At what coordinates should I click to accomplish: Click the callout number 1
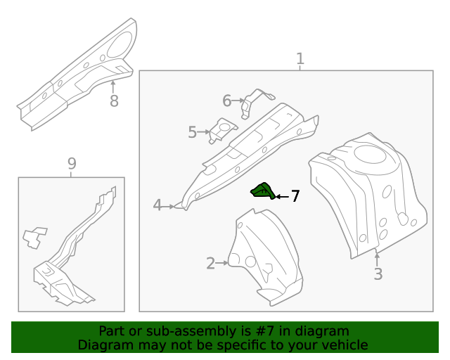point(300,59)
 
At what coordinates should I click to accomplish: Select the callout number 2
point(210,264)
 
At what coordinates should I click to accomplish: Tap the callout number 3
point(378,274)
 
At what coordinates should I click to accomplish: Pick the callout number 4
point(157,205)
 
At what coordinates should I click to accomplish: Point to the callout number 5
point(192,131)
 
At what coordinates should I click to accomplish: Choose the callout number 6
point(226,101)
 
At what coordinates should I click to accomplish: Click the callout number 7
point(295,196)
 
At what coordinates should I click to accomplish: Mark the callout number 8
point(114,101)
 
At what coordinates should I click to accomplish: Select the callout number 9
point(72,164)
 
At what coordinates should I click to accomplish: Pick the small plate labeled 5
point(221,131)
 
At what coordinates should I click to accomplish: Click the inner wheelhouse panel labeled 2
point(264,257)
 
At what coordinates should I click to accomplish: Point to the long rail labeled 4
point(246,155)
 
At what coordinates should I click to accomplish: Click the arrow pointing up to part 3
point(378,258)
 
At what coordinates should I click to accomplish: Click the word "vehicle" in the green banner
point(344,345)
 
